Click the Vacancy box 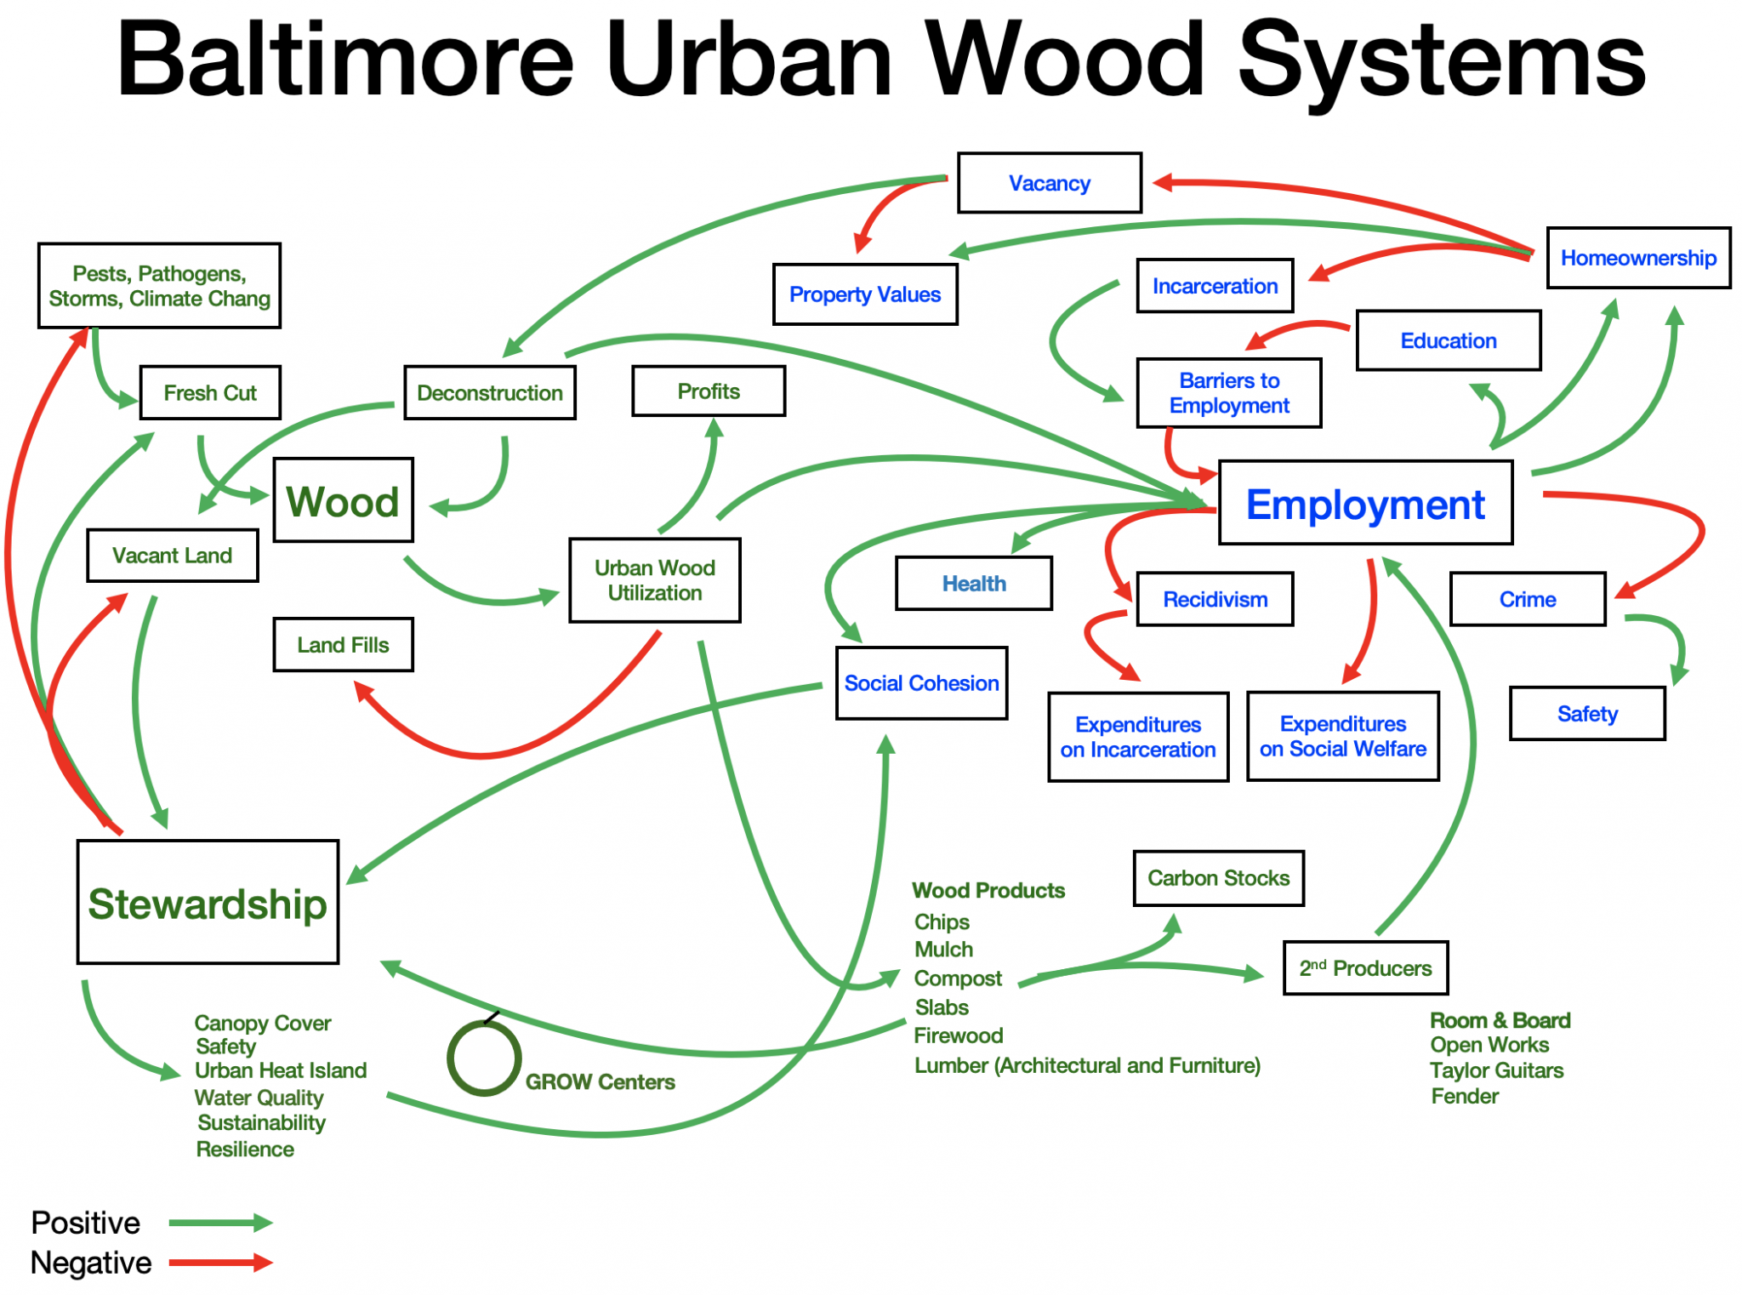[x=1049, y=183]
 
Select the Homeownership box [x=1637, y=258]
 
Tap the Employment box [x=1365, y=504]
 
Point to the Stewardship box [x=208, y=902]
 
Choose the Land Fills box [x=343, y=645]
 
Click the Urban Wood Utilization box [x=654, y=580]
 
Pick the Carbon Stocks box [x=1218, y=878]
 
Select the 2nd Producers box [x=1365, y=968]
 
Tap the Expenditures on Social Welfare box [x=1342, y=736]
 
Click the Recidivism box [x=1215, y=599]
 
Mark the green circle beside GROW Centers [x=484, y=1058]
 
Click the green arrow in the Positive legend [x=220, y=1223]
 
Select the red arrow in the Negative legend [x=220, y=1263]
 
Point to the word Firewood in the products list [x=958, y=1035]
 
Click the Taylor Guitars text [x=1496, y=1070]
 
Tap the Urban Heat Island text [x=281, y=1070]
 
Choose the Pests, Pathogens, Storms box [x=159, y=286]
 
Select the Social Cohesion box [x=921, y=683]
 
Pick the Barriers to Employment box [x=1229, y=393]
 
